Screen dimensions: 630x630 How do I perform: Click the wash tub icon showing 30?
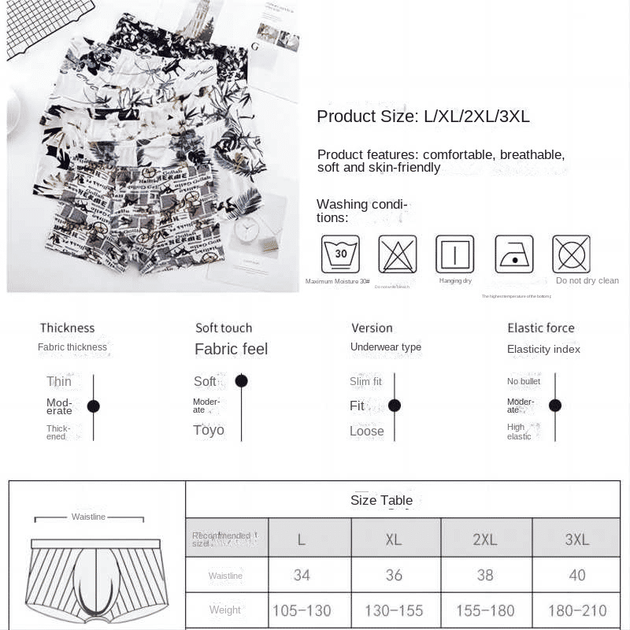coord(340,254)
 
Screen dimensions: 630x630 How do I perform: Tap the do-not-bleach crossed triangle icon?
coord(398,254)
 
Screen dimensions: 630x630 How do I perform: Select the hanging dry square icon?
coord(455,254)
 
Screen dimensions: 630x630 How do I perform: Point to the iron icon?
coord(514,254)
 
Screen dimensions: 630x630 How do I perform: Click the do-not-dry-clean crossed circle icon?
coord(571,254)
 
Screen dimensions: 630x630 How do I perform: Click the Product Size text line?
coord(423,117)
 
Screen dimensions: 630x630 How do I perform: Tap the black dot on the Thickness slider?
coord(94,406)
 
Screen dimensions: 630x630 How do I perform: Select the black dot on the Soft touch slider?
coord(242,381)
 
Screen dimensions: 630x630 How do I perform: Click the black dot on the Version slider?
coord(395,406)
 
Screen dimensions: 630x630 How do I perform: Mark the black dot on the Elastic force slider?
coord(555,406)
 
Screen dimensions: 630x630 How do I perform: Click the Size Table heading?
coord(381,500)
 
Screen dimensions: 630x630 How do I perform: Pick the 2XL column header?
coord(485,539)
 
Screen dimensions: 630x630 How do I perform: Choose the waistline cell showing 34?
coord(302,576)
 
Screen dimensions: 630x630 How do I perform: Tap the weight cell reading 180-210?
coord(577,610)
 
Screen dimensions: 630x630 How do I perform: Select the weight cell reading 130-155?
coord(394,610)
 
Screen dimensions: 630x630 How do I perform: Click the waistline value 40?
coord(577,576)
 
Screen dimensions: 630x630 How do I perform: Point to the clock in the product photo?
coord(247,230)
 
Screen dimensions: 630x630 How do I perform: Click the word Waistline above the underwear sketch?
coord(88,517)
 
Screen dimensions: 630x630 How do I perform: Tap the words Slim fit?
coord(365,382)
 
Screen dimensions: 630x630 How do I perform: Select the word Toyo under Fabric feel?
coord(209,430)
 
